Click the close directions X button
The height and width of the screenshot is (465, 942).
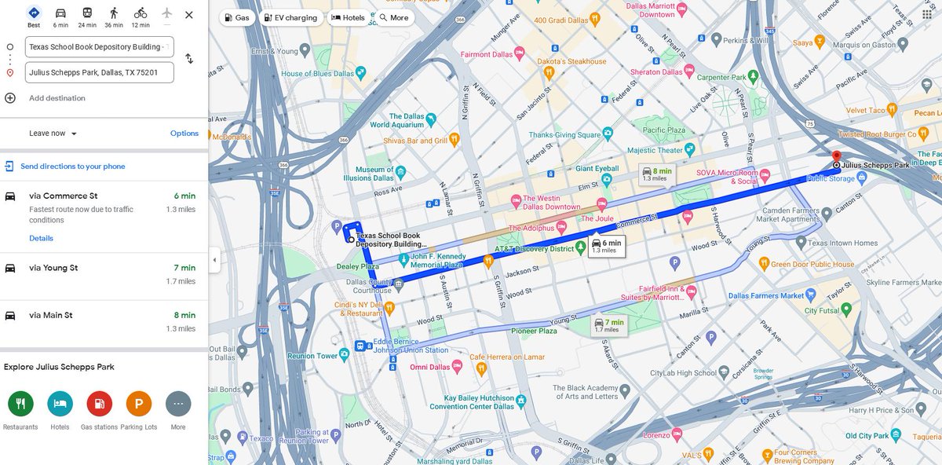[x=188, y=15]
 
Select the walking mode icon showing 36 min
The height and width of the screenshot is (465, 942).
[x=114, y=16]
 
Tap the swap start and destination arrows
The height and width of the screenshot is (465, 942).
[x=189, y=59]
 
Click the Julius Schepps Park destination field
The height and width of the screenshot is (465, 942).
[x=99, y=72]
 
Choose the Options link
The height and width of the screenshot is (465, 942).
[x=184, y=134]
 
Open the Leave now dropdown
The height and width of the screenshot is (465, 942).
[x=53, y=134]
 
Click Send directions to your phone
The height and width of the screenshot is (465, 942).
[x=72, y=167]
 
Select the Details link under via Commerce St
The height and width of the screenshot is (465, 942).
[x=41, y=238]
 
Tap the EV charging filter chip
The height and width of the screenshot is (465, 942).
[x=290, y=17]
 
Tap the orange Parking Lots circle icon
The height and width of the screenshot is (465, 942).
[x=139, y=404]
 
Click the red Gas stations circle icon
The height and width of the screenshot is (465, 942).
[x=99, y=404]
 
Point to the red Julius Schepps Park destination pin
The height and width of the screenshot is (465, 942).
[x=836, y=156]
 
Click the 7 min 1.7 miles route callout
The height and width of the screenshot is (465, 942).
[x=608, y=325]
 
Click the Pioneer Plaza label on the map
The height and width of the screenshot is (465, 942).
[x=535, y=331]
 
